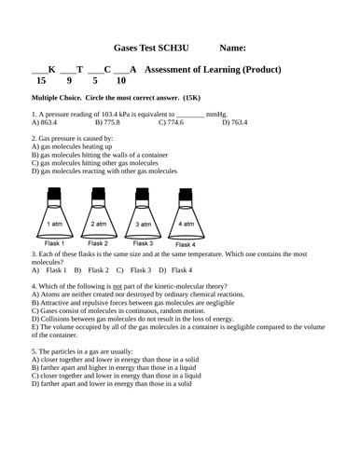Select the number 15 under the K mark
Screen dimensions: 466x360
[38, 81]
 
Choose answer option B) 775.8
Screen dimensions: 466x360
[107, 121]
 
